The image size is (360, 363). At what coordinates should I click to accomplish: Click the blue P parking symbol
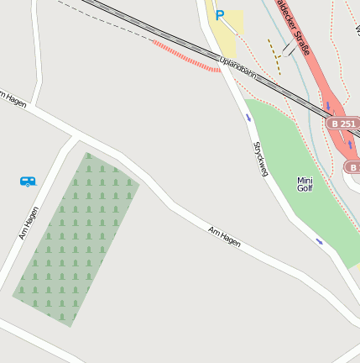220,14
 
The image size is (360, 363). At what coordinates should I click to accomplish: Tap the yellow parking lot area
226,34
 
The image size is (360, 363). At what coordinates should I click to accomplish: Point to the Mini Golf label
305,184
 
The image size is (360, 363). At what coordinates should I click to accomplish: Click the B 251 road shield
342,124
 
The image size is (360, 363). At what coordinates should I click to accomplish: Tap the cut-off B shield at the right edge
352,167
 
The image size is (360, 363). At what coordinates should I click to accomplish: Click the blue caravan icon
28,181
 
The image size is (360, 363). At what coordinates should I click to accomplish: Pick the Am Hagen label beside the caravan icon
29,223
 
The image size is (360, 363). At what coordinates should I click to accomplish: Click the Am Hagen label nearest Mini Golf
224,236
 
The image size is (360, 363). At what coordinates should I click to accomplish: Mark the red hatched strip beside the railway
186,56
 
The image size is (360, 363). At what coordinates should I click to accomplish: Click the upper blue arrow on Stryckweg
248,117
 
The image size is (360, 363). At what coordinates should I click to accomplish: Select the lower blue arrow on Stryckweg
319,241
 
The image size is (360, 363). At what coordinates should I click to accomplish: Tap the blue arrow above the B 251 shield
328,106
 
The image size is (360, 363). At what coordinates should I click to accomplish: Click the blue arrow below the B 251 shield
350,144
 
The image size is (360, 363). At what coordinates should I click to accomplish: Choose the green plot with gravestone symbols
76,239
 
